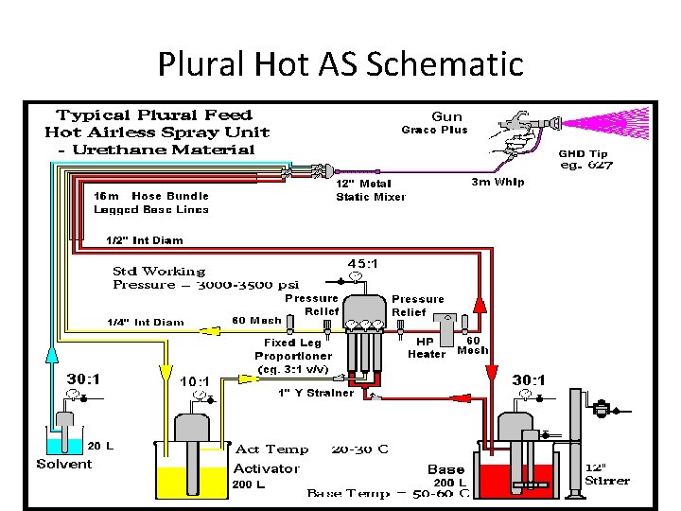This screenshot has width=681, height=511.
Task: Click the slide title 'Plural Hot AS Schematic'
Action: [x=340, y=63]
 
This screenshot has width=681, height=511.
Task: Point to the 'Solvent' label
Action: [x=64, y=464]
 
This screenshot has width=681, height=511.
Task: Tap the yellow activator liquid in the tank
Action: [x=189, y=481]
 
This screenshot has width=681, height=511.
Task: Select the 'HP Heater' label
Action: [x=426, y=347]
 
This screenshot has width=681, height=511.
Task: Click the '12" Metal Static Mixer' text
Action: [x=371, y=190]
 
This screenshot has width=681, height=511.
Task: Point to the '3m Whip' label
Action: [x=498, y=182]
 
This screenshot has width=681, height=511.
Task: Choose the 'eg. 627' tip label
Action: [x=586, y=165]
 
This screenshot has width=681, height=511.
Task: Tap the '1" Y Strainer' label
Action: [x=316, y=393]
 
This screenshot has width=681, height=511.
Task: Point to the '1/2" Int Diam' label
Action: [x=144, y=240]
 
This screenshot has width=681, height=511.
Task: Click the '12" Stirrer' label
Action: [x=606, y=474]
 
